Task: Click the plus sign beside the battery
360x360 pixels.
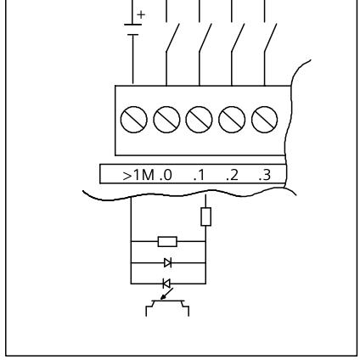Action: click(141, 14)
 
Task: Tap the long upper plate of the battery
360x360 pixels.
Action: click(132, 25)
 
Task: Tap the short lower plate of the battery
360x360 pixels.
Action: click(132, 35)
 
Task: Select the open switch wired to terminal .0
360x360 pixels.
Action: click(172, 38)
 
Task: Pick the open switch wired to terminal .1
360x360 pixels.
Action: click(205, 38)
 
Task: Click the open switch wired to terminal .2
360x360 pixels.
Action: click(238, 38)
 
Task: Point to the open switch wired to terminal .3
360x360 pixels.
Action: click(270, 38)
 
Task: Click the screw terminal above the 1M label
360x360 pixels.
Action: click(133, 120)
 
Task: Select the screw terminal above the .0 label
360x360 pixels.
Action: click(166, 120)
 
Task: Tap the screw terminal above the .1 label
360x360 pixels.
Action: click(199, 120)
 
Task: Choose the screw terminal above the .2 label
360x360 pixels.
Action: click(232, 120)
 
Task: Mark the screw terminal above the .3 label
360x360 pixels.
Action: click(264, 120)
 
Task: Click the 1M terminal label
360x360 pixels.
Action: click(143, 175)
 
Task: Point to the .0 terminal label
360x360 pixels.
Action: click(166, 175)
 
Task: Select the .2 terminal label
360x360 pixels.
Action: click(233, 175)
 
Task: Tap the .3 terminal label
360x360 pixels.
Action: click(265, 175)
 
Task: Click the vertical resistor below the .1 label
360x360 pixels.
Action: click(205, 217)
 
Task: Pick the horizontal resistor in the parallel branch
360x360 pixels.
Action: click(167, 242)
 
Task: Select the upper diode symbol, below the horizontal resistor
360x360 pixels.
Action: click(168, 263)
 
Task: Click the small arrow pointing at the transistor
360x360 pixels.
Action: click(166, 294)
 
